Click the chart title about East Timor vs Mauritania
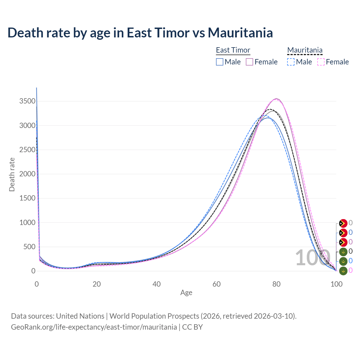coord(140,33)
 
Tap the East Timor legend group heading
coord(233,50)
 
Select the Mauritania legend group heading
coord(305,50)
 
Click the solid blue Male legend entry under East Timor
coord(228,62)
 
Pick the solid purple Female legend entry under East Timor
coord(262,62)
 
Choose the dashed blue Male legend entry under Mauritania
coord(300,62)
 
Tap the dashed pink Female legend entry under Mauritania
coord(333,62)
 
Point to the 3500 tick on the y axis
coord(27,101)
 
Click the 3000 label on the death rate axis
coord(27,125)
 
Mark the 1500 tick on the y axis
coord(27,198)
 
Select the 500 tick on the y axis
coord(29,247)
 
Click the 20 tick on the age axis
coord(97,284)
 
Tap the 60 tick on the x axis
coord(217,284)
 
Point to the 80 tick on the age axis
coord(276,284)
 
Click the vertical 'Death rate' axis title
coord(12,174)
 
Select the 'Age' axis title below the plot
coord(186,292)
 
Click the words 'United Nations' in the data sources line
coord(80,316)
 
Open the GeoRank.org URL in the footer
coord(94,327)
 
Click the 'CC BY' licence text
coord(192,327)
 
